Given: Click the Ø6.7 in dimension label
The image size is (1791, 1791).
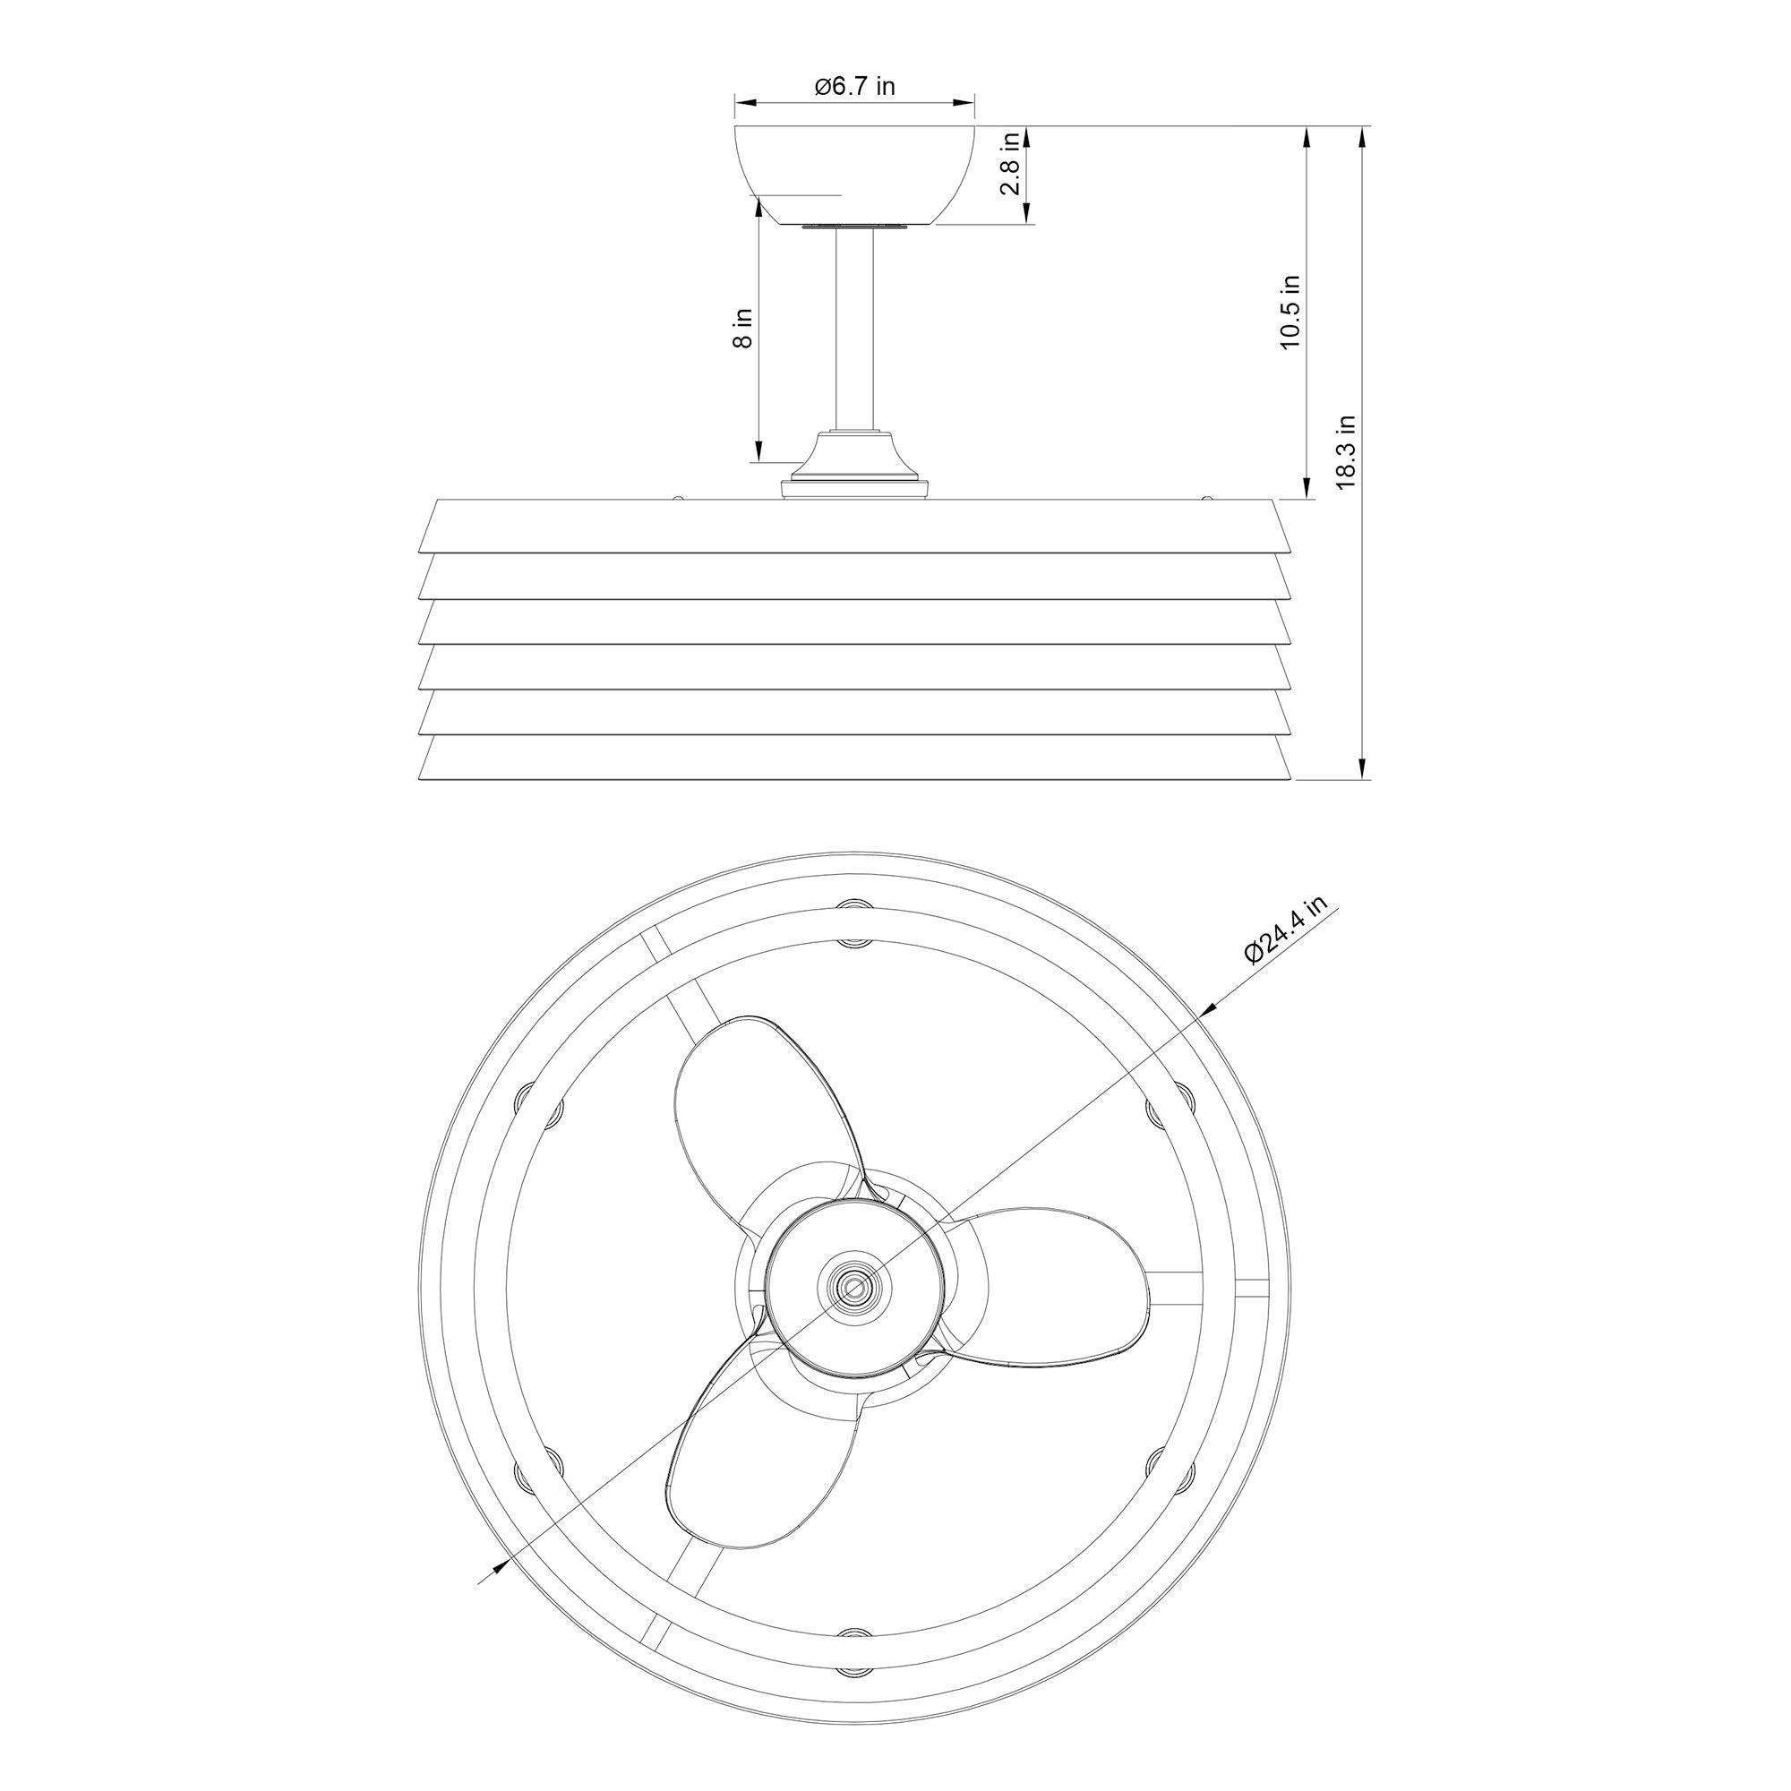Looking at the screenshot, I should click(x=854, y=87).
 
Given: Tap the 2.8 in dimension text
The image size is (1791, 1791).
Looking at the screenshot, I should click(x=1010, y=163).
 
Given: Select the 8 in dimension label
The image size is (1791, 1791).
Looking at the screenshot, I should click(x=742, y=327).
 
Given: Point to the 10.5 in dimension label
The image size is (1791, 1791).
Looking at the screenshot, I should click(x=1290, y=313).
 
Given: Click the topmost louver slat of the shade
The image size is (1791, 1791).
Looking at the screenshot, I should click(x=854, y=527).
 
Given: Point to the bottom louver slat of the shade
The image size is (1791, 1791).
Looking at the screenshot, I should click(x=854, y=758).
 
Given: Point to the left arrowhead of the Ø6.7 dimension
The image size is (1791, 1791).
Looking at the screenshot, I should click(x=741, y=103).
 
